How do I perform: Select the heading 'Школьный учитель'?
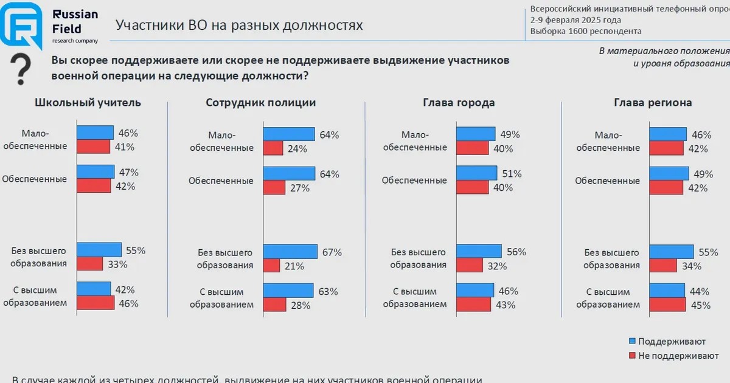coord(88,103)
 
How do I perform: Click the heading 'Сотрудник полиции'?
coord(261,103)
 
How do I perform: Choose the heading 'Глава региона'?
coord(653,103)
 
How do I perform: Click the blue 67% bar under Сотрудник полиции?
coord(290,251)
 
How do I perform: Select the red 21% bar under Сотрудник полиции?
coord(271,265)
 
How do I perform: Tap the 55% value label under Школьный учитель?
coord(135,250)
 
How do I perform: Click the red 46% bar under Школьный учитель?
coord(96,303)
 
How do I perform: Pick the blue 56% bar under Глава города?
coord(479,251)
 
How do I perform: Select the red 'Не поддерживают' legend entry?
coord(632,356)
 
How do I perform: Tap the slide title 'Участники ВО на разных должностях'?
coord(239,26)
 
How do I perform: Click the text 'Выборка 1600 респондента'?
coord(585,32)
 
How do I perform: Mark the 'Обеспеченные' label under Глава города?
coord(414,181)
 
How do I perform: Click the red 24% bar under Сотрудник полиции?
coord(273,148)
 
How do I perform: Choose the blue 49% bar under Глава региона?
coord(669,173)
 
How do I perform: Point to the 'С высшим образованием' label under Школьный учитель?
coord(35,297)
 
